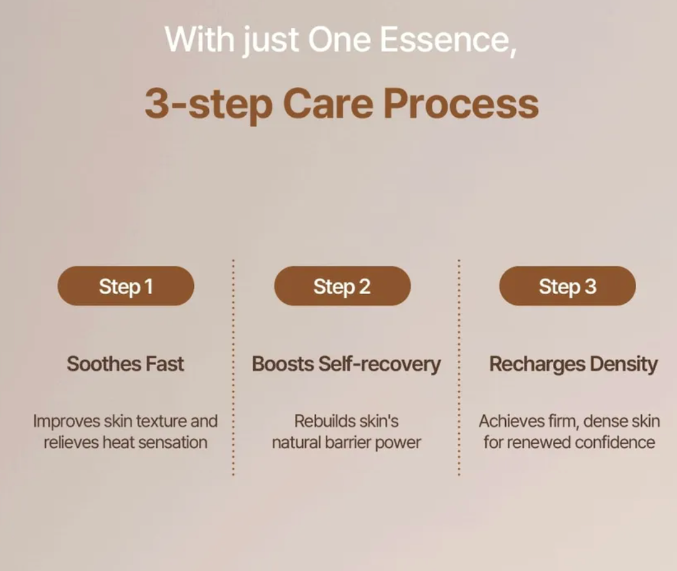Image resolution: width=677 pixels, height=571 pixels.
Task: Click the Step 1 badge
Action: click(125, 286)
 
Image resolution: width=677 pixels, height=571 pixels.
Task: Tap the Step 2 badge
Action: click(342, 286)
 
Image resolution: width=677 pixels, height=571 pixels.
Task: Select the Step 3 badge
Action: click(567, 286)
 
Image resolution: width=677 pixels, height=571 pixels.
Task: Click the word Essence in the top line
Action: click(447, 40)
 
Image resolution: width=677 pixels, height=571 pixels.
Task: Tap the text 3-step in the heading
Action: click(208, 105)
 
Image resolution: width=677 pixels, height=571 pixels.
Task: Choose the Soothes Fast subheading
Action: click(125, 363)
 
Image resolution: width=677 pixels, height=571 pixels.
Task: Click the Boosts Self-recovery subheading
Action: click(346, 363)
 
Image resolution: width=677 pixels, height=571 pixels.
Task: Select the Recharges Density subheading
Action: click(573, 363)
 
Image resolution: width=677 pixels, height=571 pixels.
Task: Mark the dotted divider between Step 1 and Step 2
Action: click(233, 368)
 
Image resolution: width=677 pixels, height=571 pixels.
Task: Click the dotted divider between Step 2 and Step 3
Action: click(459, 368)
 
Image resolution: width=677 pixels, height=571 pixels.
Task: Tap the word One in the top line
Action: click(340, 40)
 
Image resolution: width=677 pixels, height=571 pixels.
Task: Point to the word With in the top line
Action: click(199, 40)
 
